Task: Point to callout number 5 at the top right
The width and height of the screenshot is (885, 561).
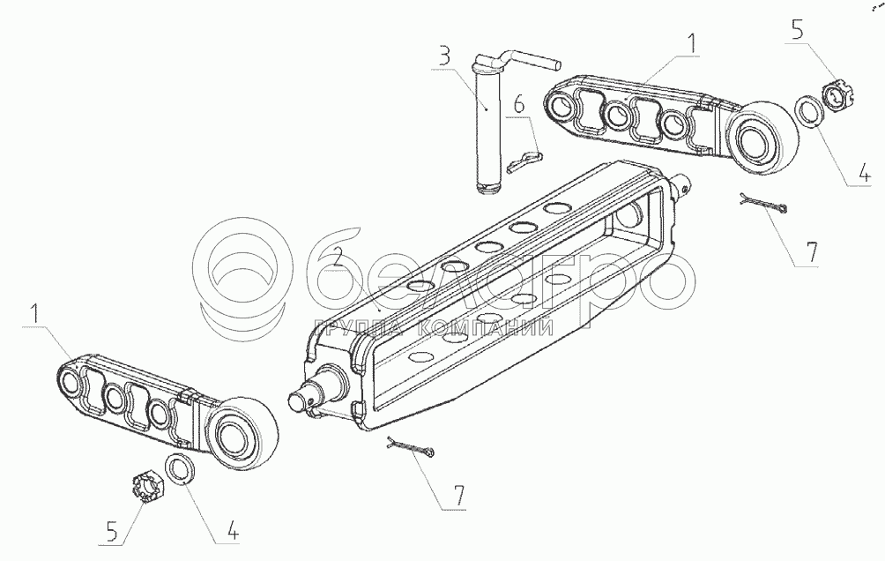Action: point(798,33)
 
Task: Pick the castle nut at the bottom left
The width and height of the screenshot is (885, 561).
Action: point(145,484)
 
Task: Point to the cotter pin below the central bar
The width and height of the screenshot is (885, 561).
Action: point(410,449)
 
